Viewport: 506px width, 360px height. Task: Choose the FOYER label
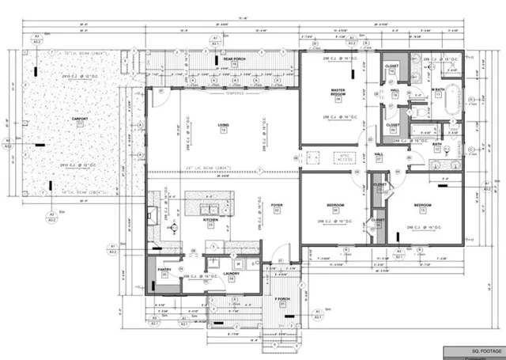tap(277, 205)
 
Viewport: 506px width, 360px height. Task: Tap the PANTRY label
tap(164, 268)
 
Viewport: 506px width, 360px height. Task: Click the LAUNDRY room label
tap(231, 274)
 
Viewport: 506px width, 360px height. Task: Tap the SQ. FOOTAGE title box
tap(474, 349)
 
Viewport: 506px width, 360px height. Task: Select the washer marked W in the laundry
tap(238, 264)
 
